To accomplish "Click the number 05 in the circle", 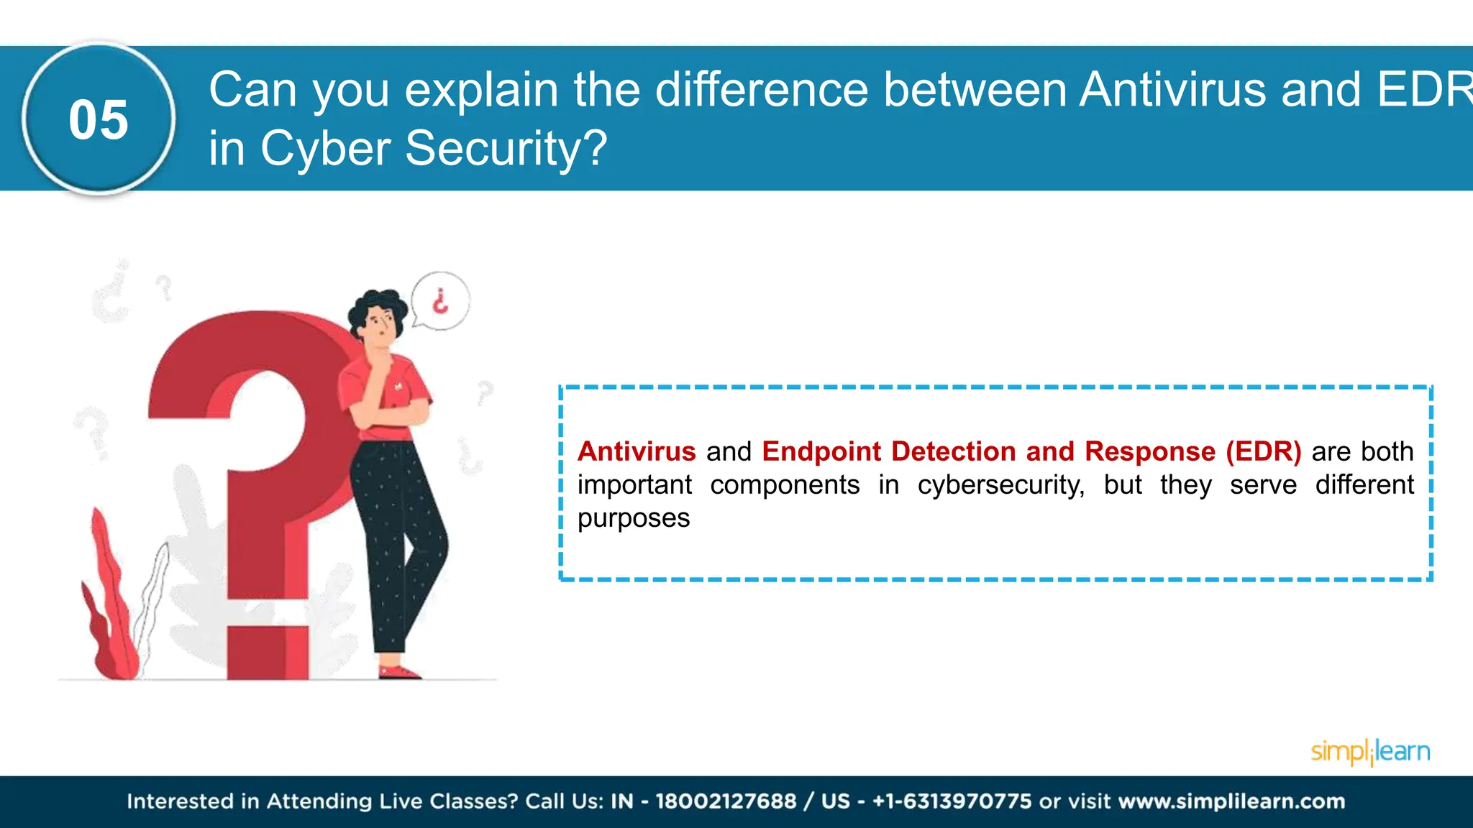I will click(99, 120).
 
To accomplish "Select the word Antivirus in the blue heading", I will click(1172, 90).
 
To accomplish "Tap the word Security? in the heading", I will click(506, 149).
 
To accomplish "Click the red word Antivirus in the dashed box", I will click(637, 451).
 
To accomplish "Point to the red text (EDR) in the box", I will click(1263, 451).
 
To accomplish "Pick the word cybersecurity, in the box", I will click(1000, 485).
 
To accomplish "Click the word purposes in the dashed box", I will click(634, 518).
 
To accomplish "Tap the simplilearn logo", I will click(1369, 752).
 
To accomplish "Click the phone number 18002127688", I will click(726, 801).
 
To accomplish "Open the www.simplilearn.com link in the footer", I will click(1231, 801).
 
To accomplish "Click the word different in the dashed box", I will click(1364, 485).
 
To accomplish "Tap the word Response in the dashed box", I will click(1149, 451).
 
